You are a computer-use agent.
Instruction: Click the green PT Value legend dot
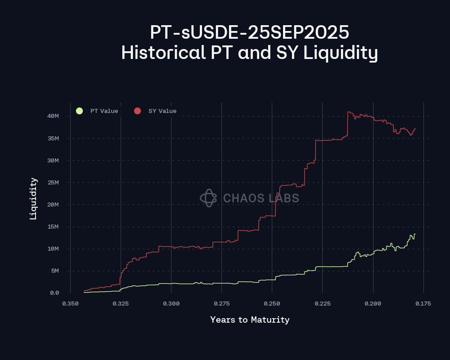point(80,111)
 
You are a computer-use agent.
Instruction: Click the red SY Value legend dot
point(138,111)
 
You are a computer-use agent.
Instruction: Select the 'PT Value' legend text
point(104,111)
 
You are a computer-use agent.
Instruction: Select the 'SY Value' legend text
point(162,111)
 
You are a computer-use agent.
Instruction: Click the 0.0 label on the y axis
point(54,293)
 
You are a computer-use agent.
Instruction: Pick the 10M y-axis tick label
point(54,249)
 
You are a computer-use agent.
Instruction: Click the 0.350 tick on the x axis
point(70,304)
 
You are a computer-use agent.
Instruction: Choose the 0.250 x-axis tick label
point(272,304)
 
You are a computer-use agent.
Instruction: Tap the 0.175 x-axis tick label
point(423,304)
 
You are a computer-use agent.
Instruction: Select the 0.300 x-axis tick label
point(171,304)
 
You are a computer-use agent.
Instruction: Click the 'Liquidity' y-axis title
point(33,198)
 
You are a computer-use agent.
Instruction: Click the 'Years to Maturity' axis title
point(250,320)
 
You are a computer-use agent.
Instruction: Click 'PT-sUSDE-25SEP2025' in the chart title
point(250,32)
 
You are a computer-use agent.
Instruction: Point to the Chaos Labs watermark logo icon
point(208,198)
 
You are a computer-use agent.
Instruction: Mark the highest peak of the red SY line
point(349,112)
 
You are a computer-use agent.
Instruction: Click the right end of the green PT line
point(415,234)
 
